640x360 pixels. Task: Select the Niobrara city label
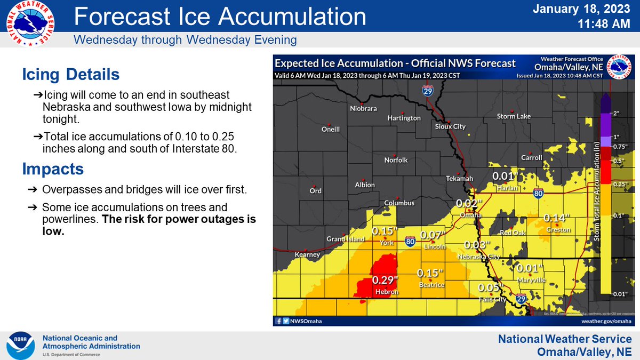364,108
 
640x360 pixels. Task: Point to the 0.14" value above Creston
557,218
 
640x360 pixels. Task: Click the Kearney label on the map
307,255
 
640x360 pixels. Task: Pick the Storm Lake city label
514,116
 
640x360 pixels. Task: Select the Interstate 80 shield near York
410,242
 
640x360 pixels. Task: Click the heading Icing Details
70,74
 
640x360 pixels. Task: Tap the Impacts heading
53,169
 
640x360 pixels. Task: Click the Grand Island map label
346,239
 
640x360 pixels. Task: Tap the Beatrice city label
431,285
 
